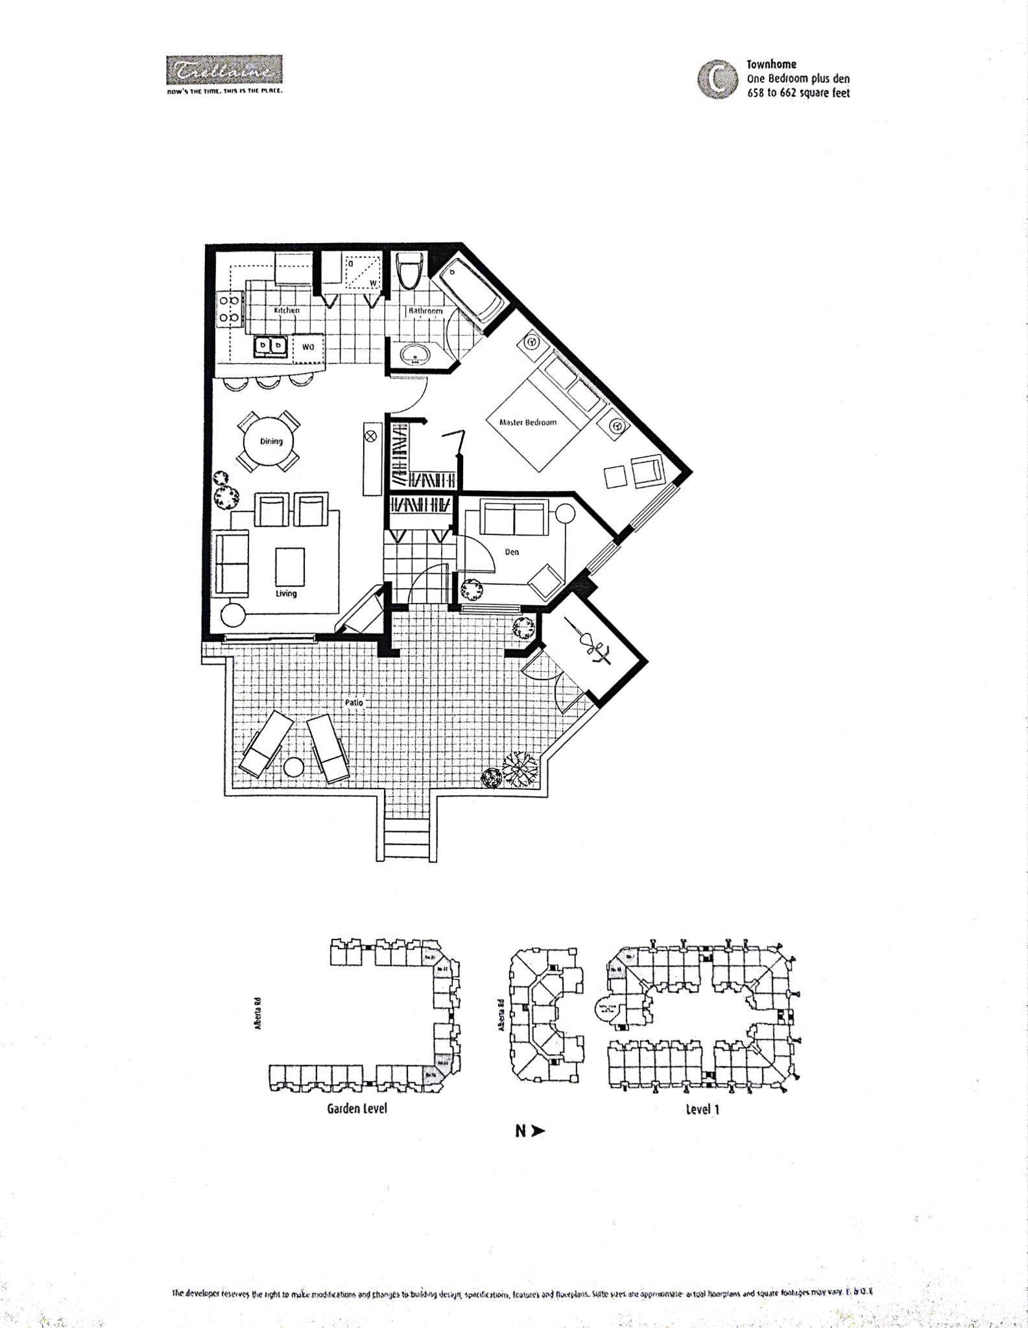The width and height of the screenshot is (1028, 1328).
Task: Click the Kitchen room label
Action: pyautogui.click(x=287, y=311)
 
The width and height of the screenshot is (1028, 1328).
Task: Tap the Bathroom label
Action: pyautogui.click(x=425, y=311)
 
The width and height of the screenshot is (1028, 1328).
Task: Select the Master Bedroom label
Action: pyautogui.click(x=528, y=422)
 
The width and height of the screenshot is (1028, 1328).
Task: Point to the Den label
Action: pyautogui.click(x=512, y=552)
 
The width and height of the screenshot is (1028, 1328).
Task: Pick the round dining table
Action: pyautogui.click(x=269, y=442)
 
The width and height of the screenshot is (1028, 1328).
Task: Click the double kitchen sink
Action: pyautogui.click(x=271, y=346)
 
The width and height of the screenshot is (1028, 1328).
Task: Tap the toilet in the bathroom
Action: pyautogui.click(x=410, y=273)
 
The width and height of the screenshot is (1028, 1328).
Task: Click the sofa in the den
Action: pyautogui.click(x=514, y=518)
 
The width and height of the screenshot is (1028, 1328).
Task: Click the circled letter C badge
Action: pyautogui.click(x=717, y=79)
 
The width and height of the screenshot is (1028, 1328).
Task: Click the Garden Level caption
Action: pyautogui.click(x=357, y=1108)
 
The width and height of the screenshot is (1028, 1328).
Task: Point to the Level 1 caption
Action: pyautogui.click(x=702, y=1109)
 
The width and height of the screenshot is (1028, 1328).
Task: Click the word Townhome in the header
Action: pyautogui.click(x=771, y=64)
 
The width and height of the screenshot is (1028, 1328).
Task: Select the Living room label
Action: pyautogui.click(x=286, y=593)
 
